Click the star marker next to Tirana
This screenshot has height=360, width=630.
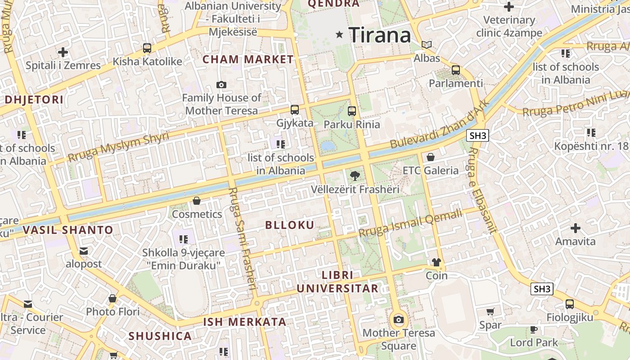pos(340,34)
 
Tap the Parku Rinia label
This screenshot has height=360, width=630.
pos(352,125)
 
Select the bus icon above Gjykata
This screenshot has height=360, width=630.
pos(295,109)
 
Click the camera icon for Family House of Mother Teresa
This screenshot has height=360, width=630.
pos(221,85)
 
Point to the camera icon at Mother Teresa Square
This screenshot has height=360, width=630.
pos(398,320)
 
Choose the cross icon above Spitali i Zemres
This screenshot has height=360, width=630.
pos(63,52)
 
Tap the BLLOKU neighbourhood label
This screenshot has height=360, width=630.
pos(290,225)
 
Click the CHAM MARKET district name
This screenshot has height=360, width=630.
pos(248,59)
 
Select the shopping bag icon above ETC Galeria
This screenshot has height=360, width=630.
pos(431,157)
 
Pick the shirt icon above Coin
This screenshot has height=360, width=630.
pos(436,262)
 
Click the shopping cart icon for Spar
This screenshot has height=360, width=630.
pos(490,311)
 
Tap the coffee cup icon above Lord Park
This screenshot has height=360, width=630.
pos(534,329)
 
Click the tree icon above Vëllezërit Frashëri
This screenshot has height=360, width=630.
pos(355,176)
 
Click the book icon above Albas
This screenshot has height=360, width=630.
pos(427,45)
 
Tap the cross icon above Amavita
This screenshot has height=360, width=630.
pos(575,228)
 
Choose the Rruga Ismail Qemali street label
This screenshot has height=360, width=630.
pos(410,223)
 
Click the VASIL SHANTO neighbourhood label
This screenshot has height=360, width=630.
pos(68,230)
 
